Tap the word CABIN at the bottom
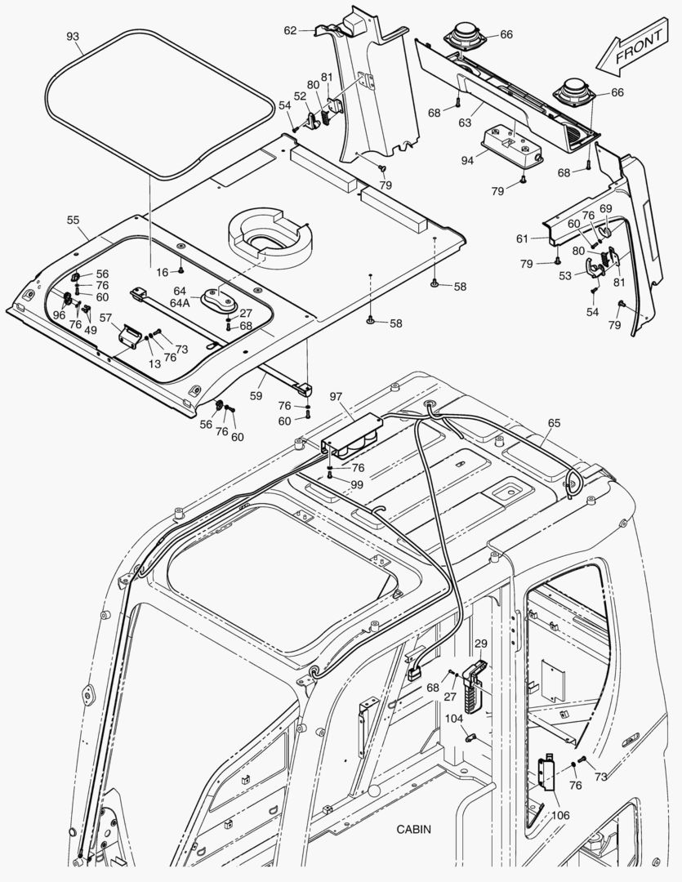pyautogui.click(x=414, y=829)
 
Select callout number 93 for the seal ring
pyautogui.click(x=73, y=37)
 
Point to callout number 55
pyautogui.click(x=73, y=220)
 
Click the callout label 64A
pyautogui.click(x=181, y=302)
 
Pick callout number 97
pyautogui.click(x=336, y=396)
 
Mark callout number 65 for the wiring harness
pyautogui.click(x=554, y=423)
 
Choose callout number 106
pyautogui.click(x=560, y=815)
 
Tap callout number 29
pyautogui.click(x=480, y=644)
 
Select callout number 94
pyautogui.click(x=466, y=161)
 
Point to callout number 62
pyautogui.click(x=290, y=30)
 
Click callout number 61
pyautogui.click(x=522, y=238)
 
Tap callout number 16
pyautogui.click(x=163, y=271)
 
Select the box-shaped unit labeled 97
pyautogui.click(x=353, y=434)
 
